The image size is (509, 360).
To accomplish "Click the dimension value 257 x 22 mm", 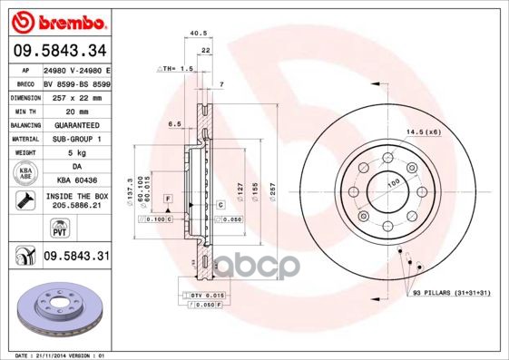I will [x=76, y=96].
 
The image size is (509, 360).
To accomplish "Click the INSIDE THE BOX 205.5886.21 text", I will [x=76, y=200].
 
